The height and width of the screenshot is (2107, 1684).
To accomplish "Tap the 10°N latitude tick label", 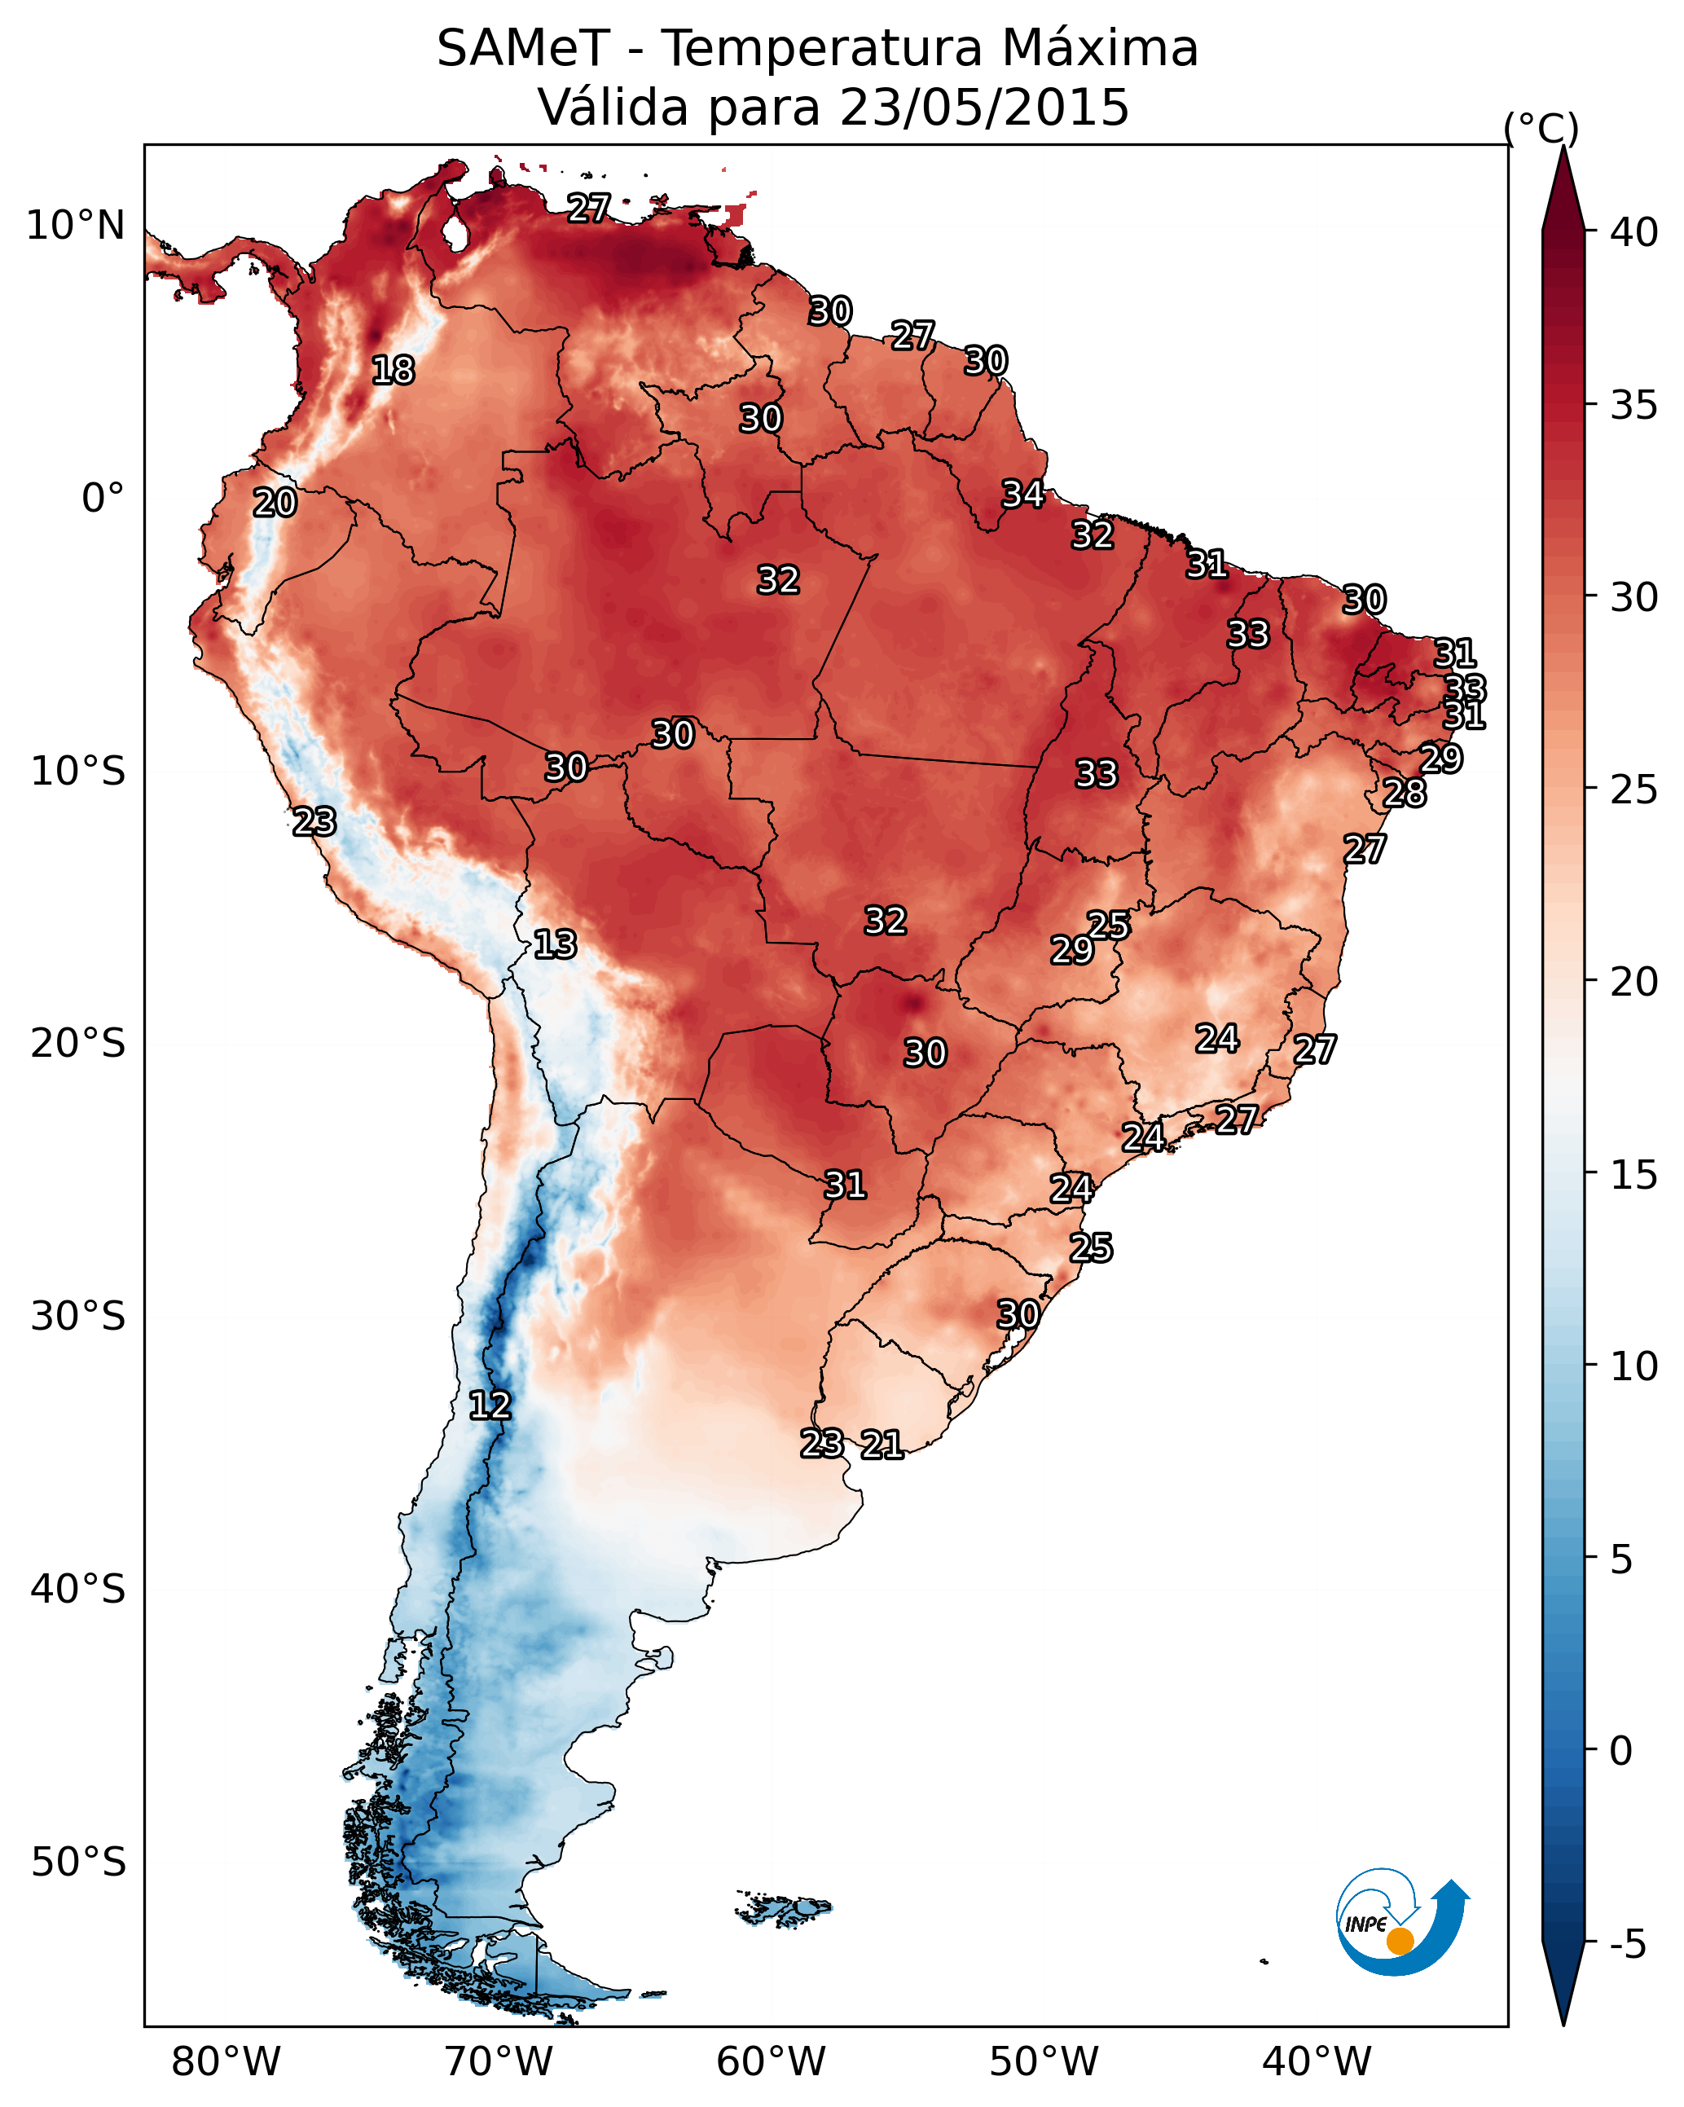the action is [x=75, y=226].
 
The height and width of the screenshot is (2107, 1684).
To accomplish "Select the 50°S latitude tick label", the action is [x=78, y=1863].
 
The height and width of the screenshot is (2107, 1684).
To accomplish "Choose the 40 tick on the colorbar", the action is [x=1634, y=232].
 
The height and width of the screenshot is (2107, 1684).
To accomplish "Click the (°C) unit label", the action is [x=1541, y=128].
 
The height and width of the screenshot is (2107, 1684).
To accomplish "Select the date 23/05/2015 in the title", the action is [x=984, y=107].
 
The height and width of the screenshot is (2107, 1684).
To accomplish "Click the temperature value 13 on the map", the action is [x=555, y=944].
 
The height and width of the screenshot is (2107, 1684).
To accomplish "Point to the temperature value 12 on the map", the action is [x=490, y=1405].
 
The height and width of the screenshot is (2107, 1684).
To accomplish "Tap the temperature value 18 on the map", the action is [x=393, y=371].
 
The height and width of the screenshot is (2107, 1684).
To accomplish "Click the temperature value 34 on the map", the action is [x=1023, y=495].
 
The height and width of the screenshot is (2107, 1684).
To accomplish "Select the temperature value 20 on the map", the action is [x=275, y=504].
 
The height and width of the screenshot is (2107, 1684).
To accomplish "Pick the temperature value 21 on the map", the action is [x=882, y=1445].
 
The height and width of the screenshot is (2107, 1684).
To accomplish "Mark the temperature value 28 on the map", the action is [x=1405, y=793].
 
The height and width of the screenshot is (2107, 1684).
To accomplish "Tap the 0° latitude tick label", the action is [x=103, y=499].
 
